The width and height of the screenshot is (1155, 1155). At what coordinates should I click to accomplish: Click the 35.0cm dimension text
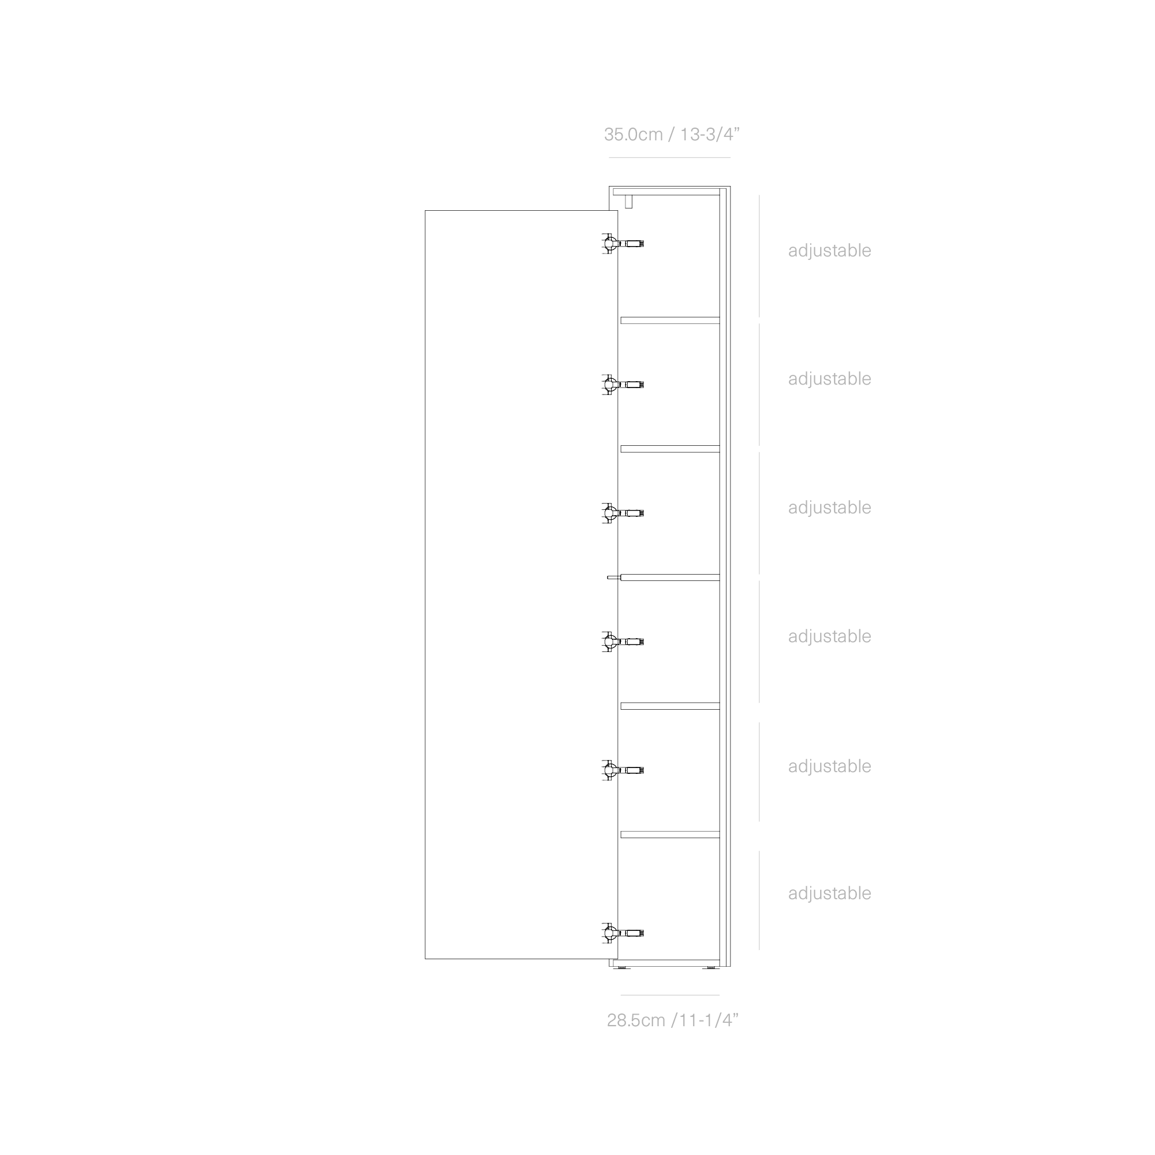(x=632, y=135)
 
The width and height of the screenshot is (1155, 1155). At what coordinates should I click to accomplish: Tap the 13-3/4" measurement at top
(x=710, y=135)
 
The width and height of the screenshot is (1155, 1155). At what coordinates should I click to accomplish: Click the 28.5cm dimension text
(x=635, y=1020)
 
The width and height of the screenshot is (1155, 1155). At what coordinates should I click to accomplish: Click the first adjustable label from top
(x=829, y=251)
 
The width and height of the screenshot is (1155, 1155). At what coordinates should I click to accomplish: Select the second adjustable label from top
(x=829, y=379)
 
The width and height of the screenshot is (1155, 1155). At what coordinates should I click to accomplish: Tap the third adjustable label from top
(x=829, y=508)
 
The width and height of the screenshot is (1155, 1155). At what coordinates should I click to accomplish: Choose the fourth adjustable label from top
(x=829, y=636)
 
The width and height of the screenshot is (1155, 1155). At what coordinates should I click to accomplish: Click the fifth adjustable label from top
(x=829, y=766)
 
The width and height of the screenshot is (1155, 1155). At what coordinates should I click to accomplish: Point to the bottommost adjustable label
(x=829, y=893)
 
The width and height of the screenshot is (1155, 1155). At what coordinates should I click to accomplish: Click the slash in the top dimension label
(x=672, y=135)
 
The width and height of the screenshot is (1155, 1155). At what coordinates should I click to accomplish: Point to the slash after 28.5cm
(x=675, y=1020)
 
